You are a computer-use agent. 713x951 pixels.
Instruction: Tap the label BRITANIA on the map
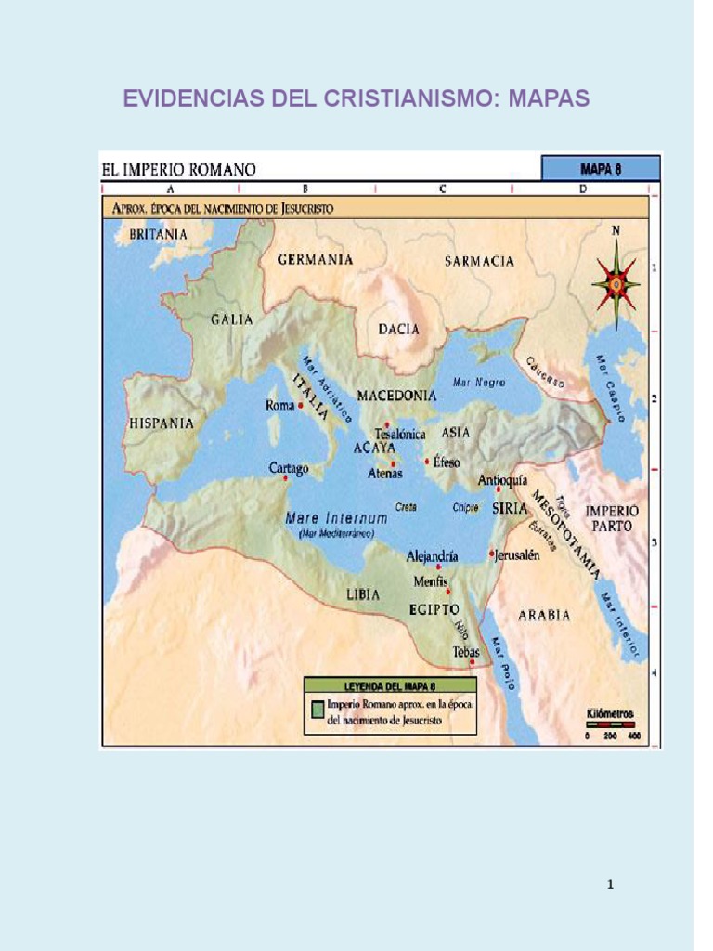pyautogui.click(x=158, y=235)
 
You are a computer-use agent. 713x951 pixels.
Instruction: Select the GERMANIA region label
pyautogui.click(x=316, y=259)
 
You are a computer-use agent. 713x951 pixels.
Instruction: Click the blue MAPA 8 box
pyautogui.click(x=600, y=169)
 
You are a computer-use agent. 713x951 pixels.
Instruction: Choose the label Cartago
pyautogui.click(x=289, y=468)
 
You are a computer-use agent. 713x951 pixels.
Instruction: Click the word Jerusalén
pyautogui.click(x=518, y=554)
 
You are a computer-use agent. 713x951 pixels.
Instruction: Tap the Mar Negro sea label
pyautogui.click(x=479, y=382)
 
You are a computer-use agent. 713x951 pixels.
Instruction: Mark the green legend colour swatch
pyautogui.click(x=317, y=708)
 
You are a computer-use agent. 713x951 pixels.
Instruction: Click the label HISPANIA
pyautogui.click(x=161, y=423)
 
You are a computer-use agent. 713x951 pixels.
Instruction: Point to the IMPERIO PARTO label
pyautogui.click(x=611, y=518)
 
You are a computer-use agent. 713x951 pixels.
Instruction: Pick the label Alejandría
pyautogui.click(x=433, y=556)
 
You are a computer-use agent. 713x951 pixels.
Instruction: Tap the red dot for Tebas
pyautogui.click(x=473, y=662)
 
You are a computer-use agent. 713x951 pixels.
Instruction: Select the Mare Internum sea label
pyautogui.click(x=330, y=517)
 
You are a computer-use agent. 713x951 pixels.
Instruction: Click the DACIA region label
pyautogui.click(x=398, y=329)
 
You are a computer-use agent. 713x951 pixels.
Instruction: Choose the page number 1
pyautogui.click(x=610, y=884)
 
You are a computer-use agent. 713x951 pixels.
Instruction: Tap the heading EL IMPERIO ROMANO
pyautogui.click(x=178, y=169)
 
